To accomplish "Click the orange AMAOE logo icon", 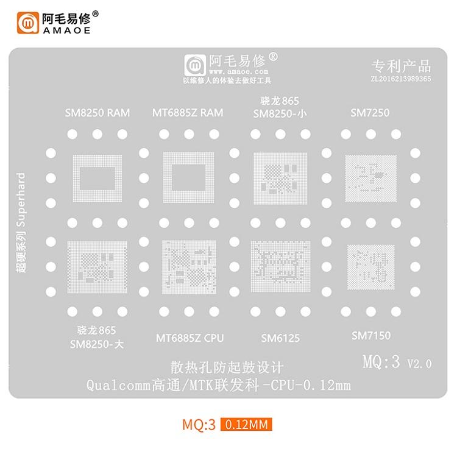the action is pos(27,23).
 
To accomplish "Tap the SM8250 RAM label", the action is pos(97,113).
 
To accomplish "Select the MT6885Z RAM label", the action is pos(188,113).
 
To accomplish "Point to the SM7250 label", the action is pos(370,113).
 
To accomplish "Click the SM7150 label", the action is pos(371,336).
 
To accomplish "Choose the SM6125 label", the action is pos(280,338).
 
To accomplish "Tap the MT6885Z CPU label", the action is pos(190,338).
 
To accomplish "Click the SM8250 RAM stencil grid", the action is pos(97,179).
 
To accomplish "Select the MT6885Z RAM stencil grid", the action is pos(188,177).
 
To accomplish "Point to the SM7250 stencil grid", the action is pos(370,179).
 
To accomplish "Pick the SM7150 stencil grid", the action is pos(370,267).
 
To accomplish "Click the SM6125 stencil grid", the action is pos(280,266).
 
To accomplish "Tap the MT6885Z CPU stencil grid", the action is pos(189,267).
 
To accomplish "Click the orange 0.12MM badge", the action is pos(246,424).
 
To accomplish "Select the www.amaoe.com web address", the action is pos(238,71).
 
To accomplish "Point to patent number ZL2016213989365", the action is pos(401,79).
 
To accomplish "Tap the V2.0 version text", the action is pos(419,364).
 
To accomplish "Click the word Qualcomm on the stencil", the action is pos(118,386).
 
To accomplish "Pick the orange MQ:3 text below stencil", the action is pos(199,425).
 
